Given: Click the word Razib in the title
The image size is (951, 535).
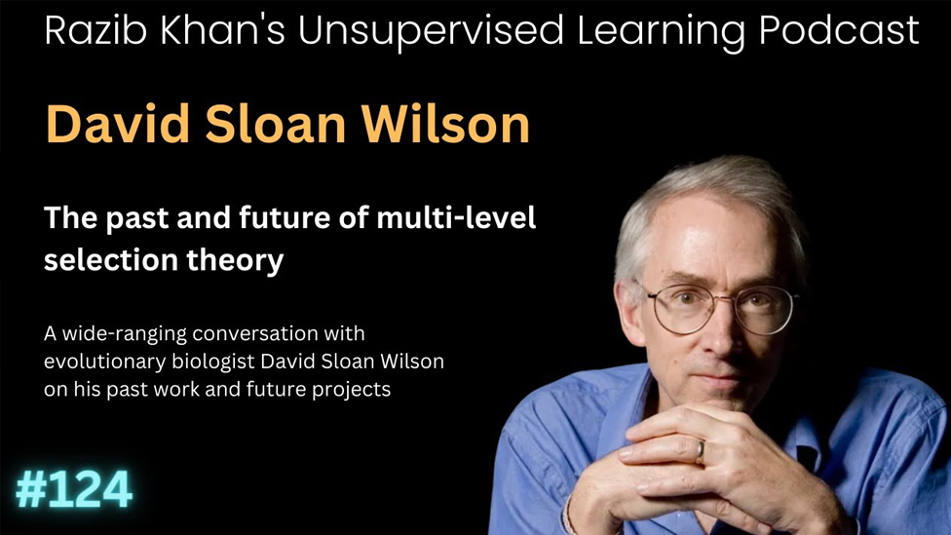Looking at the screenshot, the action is (x=95, y=30).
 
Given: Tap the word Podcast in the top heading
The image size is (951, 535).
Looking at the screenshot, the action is (x=839, y=30).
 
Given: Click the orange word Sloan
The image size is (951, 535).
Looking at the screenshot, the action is (x=276, y=124).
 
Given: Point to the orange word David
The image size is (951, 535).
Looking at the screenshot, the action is (x=118, y=124).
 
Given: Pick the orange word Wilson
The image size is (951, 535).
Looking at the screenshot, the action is (x=446, y=124).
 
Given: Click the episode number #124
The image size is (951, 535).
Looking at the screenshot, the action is (x=74, y=489).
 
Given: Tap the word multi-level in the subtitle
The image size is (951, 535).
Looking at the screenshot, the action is (x=456, y=217).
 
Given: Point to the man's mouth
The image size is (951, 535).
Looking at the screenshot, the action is (x=721, y=379).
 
